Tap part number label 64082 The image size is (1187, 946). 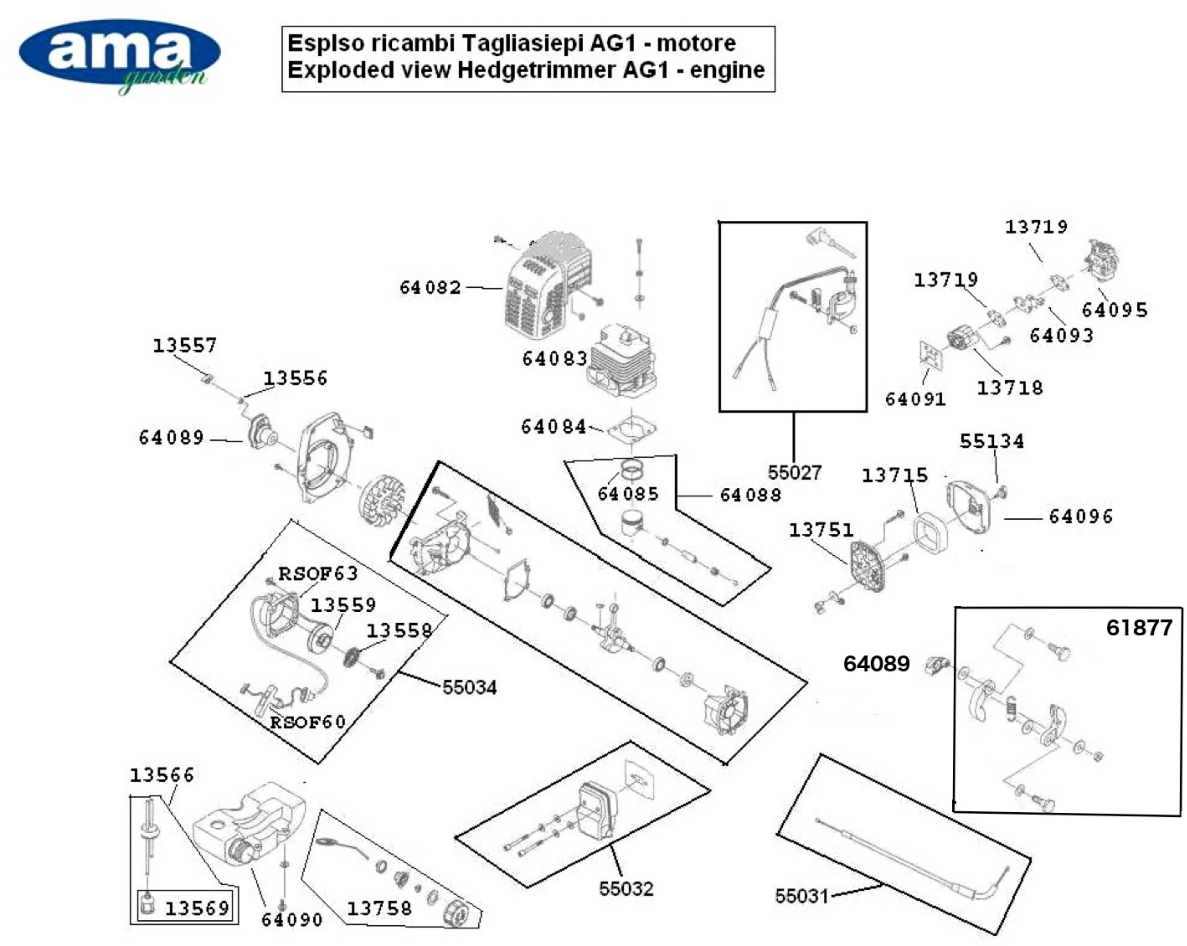click(430, 287)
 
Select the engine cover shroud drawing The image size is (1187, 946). click(545, 286)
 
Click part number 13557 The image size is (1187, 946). click(185, 346)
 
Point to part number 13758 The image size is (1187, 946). click(379, 908)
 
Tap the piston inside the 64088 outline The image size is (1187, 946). click(633, 523)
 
